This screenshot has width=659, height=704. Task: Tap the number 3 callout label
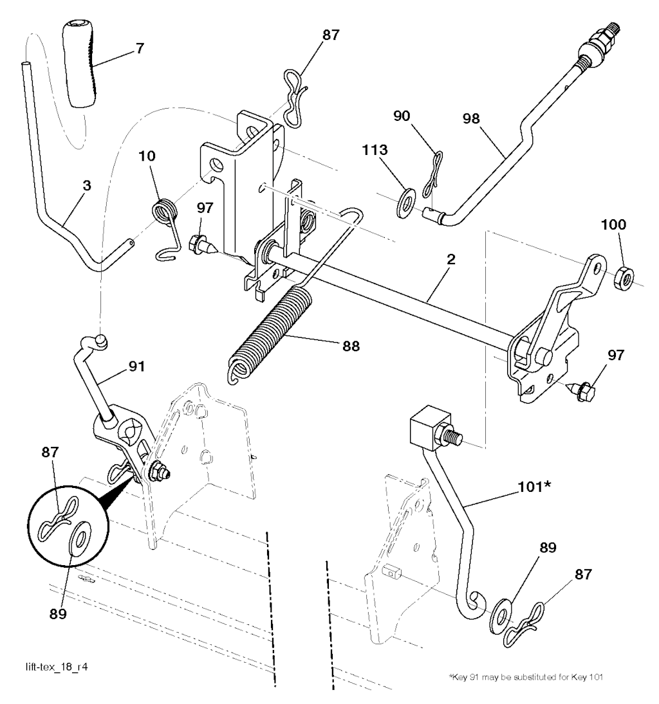[86, 185]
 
